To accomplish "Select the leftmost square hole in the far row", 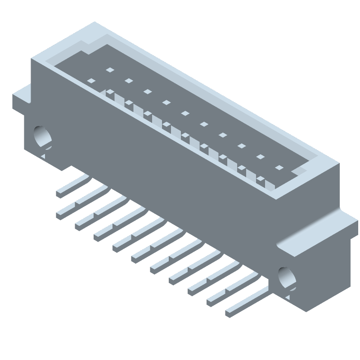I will pyautogui.click(x=109, y=70).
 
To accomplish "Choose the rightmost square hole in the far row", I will pyautogui.click(x=279, y=168).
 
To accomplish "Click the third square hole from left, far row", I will pyautogui.click(x=147, y=92).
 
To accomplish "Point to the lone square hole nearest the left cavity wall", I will pyautogui.click(x=91, y=81).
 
